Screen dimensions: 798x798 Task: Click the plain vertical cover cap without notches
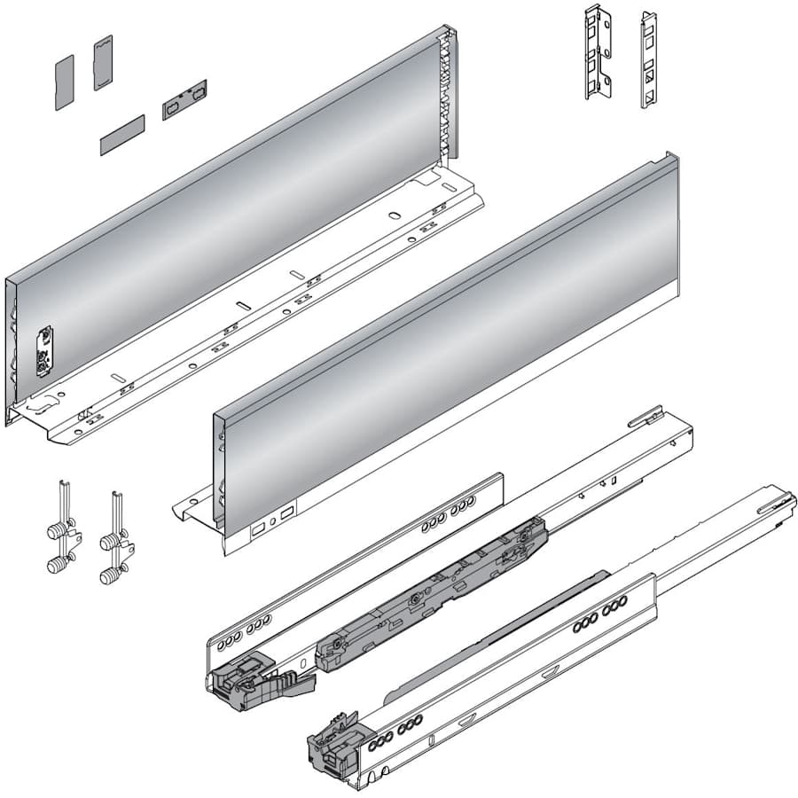point(64,82)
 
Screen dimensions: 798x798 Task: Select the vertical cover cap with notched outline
point(103,62)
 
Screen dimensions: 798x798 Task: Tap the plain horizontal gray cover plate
point(121,134)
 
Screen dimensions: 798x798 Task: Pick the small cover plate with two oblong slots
point(184,100)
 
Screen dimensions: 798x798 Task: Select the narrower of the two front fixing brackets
point(648,59)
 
